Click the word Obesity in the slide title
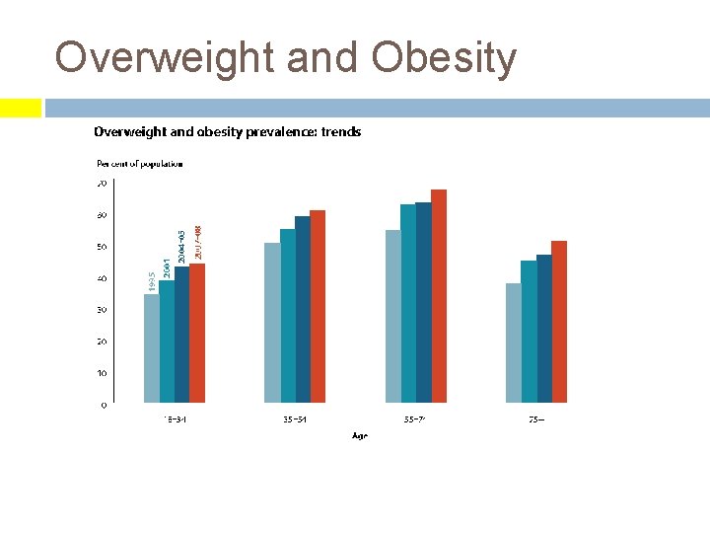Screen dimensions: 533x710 point(444,58)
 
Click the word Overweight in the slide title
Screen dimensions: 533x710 point(165,58)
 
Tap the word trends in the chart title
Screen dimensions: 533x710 point(340,131)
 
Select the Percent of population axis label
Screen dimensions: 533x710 point(139,164)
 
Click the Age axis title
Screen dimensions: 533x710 point(359,436)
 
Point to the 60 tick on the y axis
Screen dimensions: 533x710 point(102,215)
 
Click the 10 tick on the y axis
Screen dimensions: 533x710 point(102,373)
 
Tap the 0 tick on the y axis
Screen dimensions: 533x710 point(104,405)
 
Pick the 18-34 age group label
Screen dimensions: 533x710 point(175,419)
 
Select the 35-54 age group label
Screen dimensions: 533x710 point(295,419)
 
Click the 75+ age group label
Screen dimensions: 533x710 point(535,419)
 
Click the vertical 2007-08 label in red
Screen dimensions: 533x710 point(198,243)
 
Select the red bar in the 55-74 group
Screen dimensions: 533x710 point(439,296)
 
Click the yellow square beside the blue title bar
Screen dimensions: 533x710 point(21,108)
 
